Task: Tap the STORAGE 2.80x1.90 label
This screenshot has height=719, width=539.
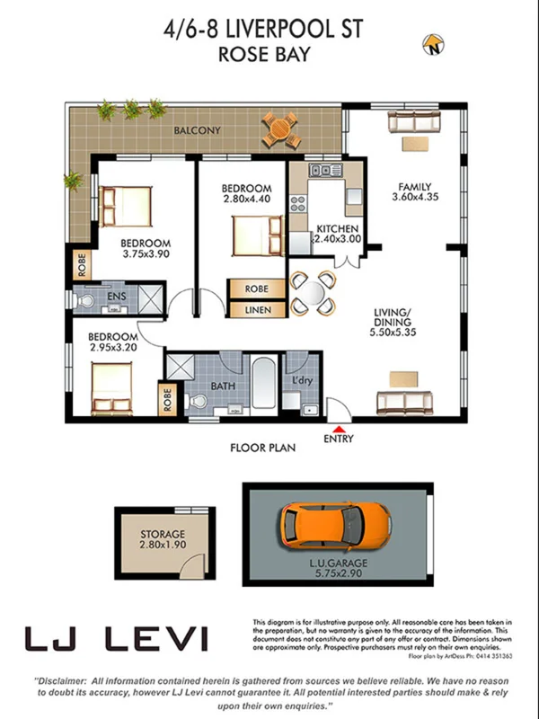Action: pos(162,539)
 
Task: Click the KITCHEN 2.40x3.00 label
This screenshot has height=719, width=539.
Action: pos(338,234)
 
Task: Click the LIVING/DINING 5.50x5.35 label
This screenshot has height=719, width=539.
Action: pos(396,323)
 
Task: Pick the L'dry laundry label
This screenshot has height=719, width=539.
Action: pos(303,381)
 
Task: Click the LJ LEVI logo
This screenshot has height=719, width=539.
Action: pos(116,638)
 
